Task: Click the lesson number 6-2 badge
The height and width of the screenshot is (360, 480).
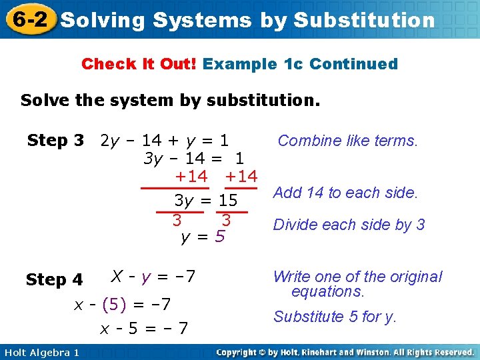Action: (x=29, y=19)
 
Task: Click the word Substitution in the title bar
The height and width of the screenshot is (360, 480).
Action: (x=364, y=20)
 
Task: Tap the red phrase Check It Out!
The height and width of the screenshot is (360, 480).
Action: (x=139, y=64)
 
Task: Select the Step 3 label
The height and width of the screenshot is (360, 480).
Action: (x=55, y=141)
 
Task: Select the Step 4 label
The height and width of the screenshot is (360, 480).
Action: (x=55, y=280)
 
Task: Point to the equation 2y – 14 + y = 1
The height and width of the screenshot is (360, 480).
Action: (x=164, y=141)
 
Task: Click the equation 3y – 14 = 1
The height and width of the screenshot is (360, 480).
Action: (x=193, y=159)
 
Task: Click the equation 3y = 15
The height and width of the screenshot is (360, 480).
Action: (x=205, y=200)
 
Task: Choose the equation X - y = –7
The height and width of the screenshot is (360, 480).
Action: (x=153, y=276)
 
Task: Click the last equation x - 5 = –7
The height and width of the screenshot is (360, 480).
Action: (x=144, y=328)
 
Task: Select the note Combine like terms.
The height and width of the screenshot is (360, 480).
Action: (x=347, y=141)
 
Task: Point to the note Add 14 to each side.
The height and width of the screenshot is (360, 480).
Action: (x=345, y=193)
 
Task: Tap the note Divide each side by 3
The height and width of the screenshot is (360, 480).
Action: (x=349, y=225)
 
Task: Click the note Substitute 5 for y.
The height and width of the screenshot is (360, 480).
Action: (x=335, y=317)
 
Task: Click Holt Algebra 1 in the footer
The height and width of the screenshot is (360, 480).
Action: (x=41, y=352)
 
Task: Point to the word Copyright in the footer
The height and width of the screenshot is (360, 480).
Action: (x=242, y=352)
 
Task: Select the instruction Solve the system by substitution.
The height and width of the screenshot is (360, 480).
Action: (x=170, y=101)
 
